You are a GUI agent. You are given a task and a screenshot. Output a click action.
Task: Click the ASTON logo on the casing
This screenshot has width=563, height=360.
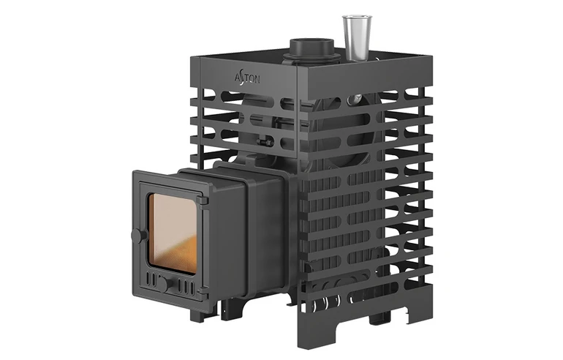point(247,79)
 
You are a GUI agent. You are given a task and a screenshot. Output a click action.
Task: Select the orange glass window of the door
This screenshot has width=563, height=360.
point(173,233)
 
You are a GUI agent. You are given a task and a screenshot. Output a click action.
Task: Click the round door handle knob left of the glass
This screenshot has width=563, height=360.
point(137,236)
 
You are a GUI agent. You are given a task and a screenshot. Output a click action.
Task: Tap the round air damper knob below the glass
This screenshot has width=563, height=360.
point(166,283)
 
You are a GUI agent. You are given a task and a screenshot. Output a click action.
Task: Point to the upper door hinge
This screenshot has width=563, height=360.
point(203,200)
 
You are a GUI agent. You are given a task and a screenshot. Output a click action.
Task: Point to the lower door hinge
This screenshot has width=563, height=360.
point(203,292)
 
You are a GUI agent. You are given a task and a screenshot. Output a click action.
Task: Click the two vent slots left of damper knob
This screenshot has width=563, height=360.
point(152,280)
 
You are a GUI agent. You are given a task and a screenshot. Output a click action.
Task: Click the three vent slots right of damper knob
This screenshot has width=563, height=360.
point(186,286)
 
